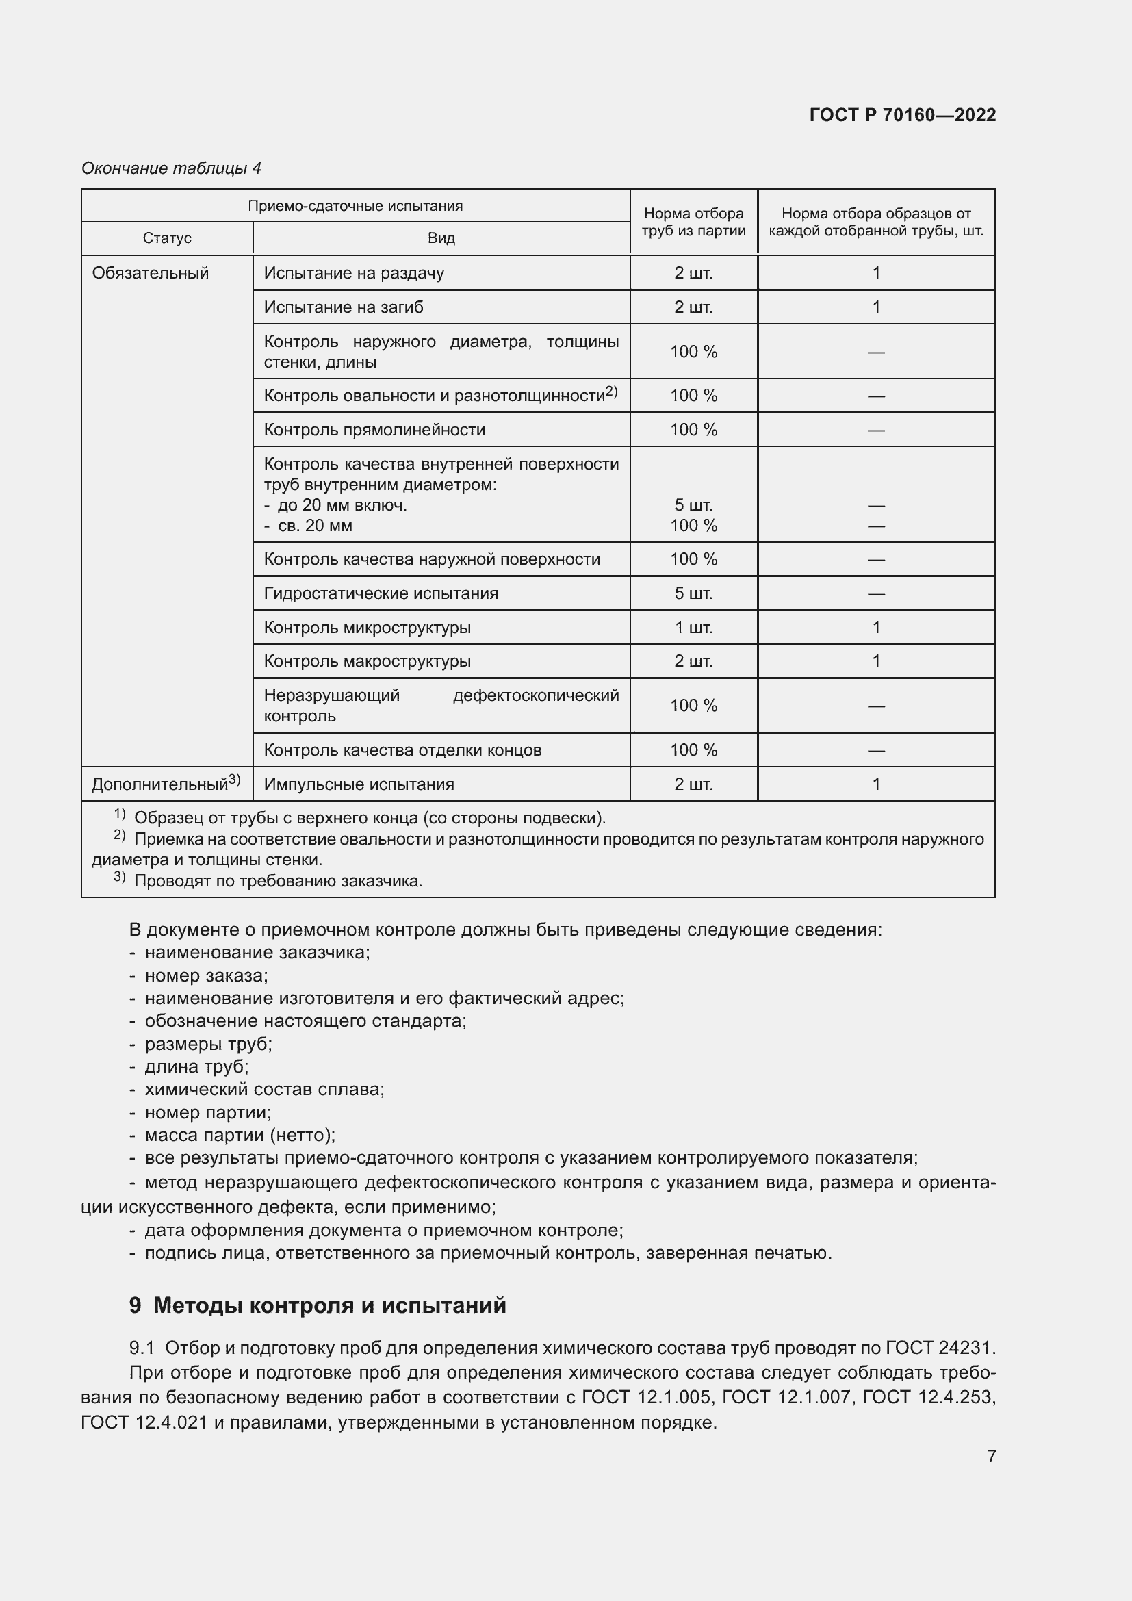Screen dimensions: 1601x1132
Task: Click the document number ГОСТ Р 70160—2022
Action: coord(902,115)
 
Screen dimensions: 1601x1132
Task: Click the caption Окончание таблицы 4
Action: coord(171,168)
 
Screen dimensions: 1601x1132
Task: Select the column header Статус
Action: coord(166,238)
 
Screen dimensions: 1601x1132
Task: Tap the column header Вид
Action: coord(441,238)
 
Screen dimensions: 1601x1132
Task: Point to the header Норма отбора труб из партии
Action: coord(693,222)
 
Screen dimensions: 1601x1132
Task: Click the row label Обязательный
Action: coord(150,273)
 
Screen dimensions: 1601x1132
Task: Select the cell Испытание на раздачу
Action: coord(353,273)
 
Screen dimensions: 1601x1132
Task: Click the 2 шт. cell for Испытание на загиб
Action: coord(693,307)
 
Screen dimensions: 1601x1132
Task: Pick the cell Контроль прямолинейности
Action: coord(374,431)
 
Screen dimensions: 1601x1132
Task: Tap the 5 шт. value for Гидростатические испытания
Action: coord(693,594)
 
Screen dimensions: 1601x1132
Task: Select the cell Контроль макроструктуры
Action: coord(367,662)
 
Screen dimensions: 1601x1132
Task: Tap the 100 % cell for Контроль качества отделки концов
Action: coord(693,751)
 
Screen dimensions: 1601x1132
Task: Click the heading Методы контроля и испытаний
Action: coord(329,1305)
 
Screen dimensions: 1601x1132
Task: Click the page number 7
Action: coord(991,1456)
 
